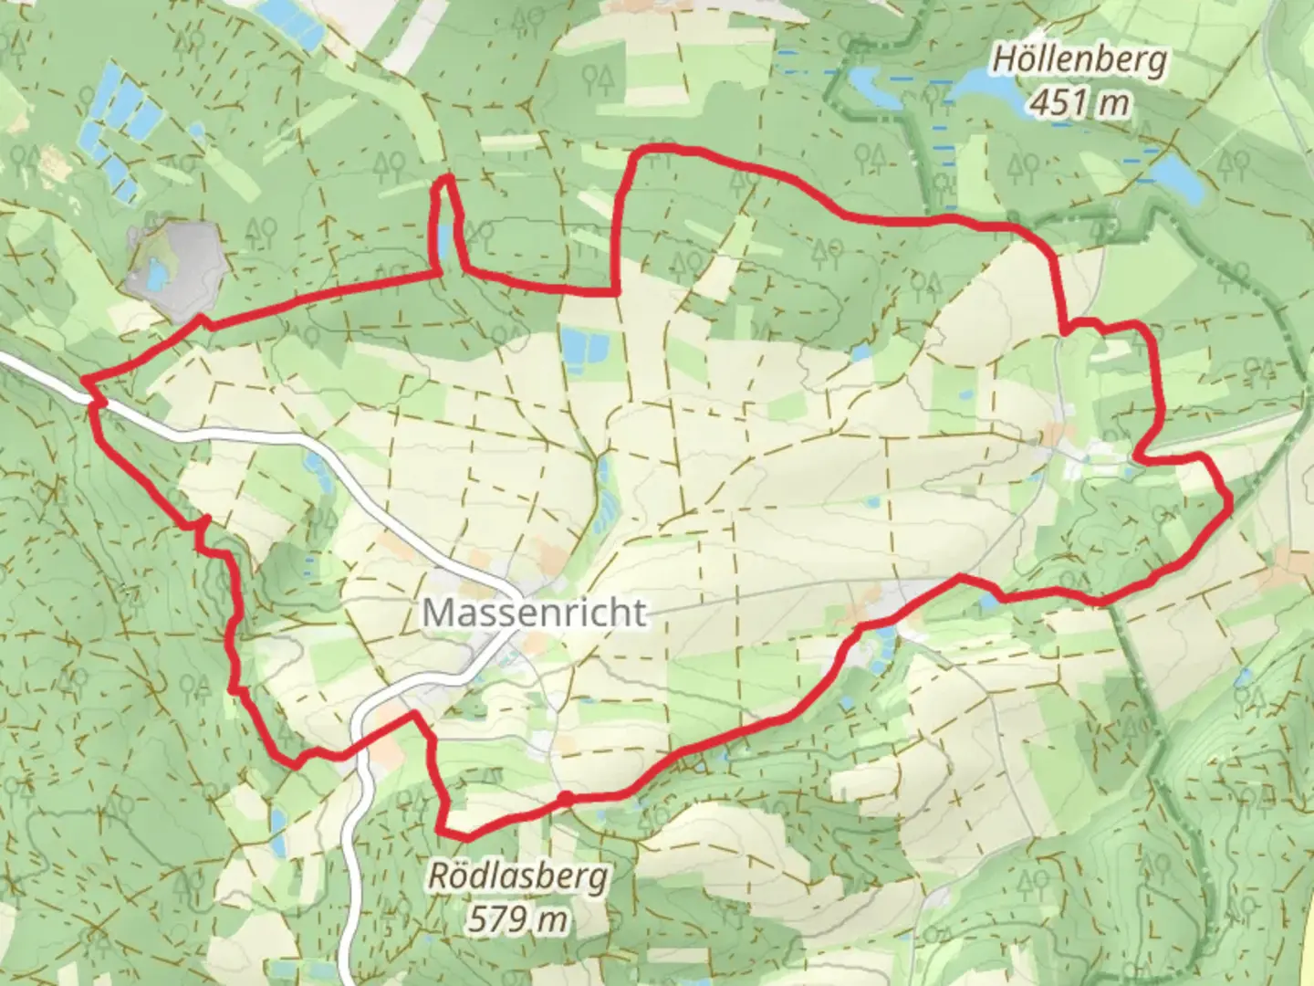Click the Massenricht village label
click(x=535, y=612)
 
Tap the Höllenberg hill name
click(x=1079, y=61)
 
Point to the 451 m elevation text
click(x=1079, y=103)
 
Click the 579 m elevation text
click(x=517, y=918)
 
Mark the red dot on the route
click(x=565, y=799)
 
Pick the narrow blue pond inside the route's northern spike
click(x=443, y=240)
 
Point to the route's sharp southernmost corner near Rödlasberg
click(x=442, y=831)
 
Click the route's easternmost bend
click(x=1229, y=500)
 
